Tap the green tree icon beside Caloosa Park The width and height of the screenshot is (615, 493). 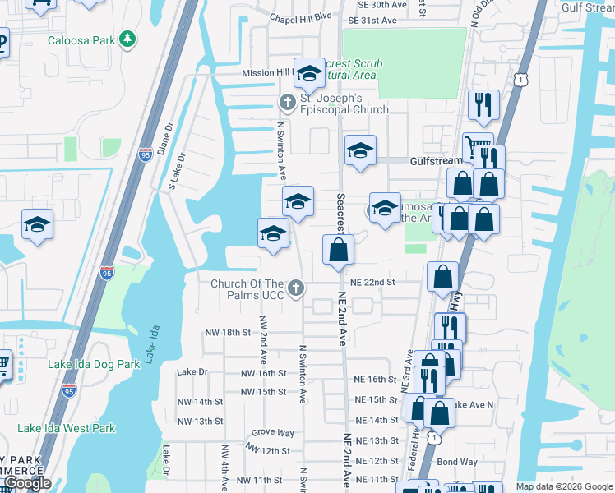pyautogui.click(x=127, y=39)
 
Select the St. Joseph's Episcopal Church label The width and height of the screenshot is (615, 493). pyautogui.click(x=344, y=104)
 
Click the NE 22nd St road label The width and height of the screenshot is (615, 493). pyautogui.click(x=373, y=282)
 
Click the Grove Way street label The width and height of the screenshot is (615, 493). pyautogui.click(x=273, y=432)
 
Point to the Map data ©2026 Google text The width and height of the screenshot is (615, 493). pyautogui.click(x=564, y=486)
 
